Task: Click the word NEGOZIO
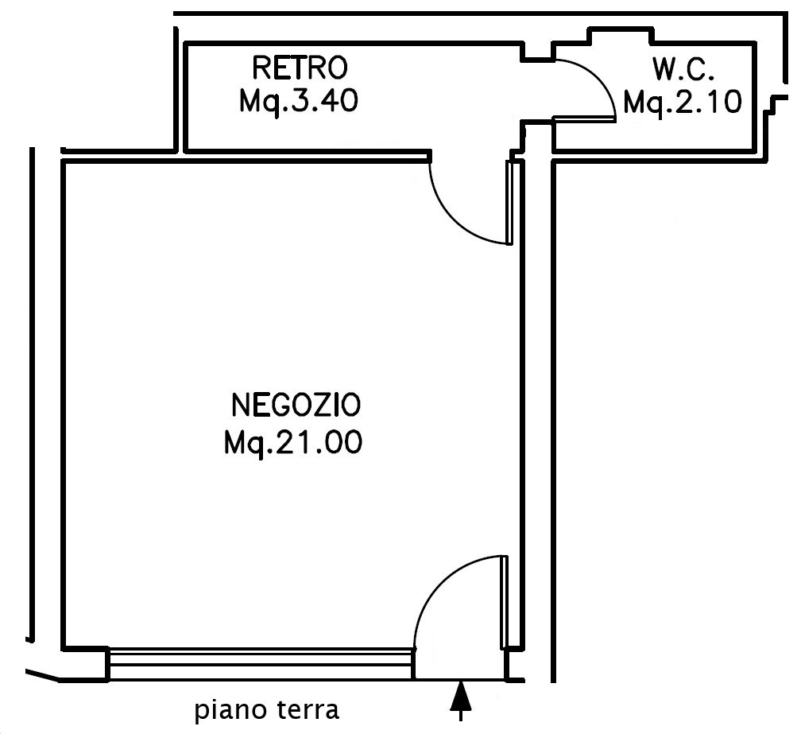296,406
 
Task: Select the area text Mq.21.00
293,442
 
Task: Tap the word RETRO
299,68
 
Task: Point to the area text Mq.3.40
297,102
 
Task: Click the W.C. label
684,70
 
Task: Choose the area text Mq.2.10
683,102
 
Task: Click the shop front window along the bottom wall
261,663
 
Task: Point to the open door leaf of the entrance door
505,601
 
